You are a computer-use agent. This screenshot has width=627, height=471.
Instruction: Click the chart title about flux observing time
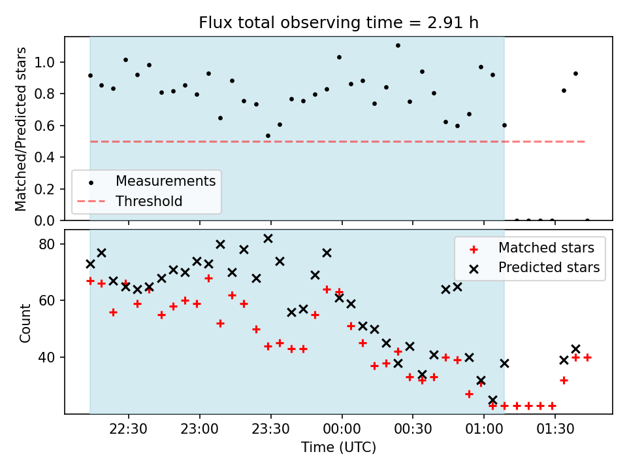(x=339, y=22)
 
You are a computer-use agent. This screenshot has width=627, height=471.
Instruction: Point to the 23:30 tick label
(x=270, y=429)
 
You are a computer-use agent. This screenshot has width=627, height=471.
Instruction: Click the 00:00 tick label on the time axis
(x=342, y=429)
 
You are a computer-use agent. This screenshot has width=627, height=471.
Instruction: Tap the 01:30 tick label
(x=555, y=429)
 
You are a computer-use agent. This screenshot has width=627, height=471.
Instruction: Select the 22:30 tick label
(x=129, y=429)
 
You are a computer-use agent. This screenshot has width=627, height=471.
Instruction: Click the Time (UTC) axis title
(x=339, y=447)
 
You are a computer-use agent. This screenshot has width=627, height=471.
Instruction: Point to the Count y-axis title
(x=25, y=323)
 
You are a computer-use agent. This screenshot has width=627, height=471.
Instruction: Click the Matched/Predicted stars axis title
(x=20, y=129)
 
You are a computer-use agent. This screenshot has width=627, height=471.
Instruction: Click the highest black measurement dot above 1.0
(x=398, y=46)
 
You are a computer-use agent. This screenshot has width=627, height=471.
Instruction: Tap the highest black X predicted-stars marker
(x=268, y=239)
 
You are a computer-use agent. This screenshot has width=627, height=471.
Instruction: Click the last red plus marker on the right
(x=587, y=357)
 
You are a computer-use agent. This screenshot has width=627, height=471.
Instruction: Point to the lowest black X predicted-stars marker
(x=492, y=400)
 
